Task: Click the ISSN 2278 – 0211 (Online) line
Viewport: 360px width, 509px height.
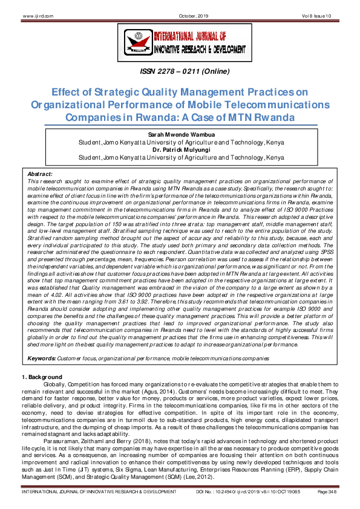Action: pyautogui.click(x=180, y=71)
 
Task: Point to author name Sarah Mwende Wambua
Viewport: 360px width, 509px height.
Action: pyautogui.click(x=180, y=135)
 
